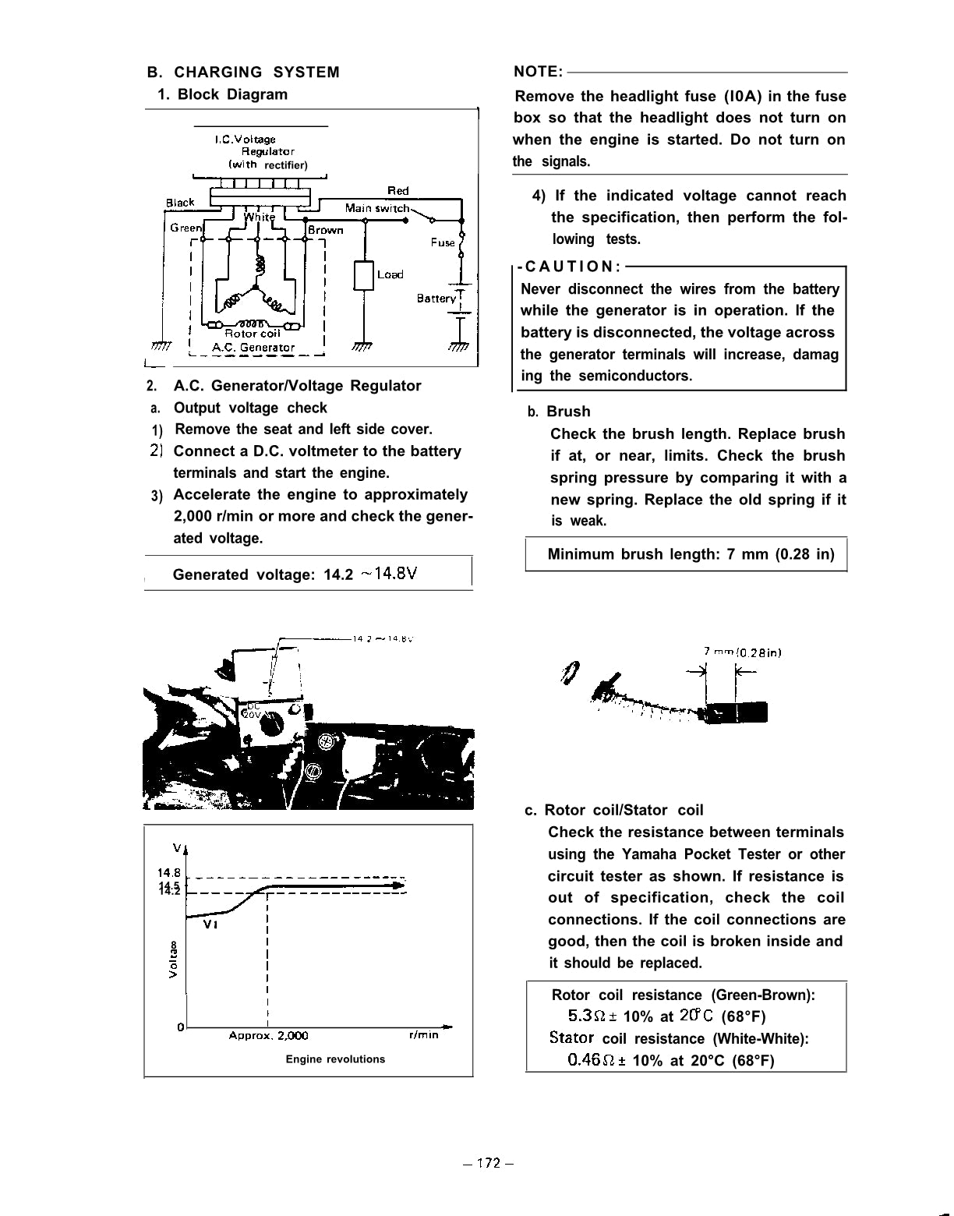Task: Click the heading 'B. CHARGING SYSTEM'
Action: (x=243, y=72)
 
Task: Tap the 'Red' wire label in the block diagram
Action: (x=397, y=191)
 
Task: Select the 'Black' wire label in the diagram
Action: (x=180, y=203)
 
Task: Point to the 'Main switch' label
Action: (x=376, y=208)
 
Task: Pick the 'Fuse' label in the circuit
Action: (x=443, y=242)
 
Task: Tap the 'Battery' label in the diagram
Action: (x=436, y=299)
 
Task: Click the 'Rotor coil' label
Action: (x=252, y=334)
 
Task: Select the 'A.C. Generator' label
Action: (x=253, y=348)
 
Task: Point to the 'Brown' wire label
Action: (x=325, y=230)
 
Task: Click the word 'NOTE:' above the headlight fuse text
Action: (x=538, y=72)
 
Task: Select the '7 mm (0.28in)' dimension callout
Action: (x=742, y=652)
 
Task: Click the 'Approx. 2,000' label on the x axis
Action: (x=268, y=1036)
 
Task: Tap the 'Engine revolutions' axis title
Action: (x=335, y=1059)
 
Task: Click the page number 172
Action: (x=488, y=1164)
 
